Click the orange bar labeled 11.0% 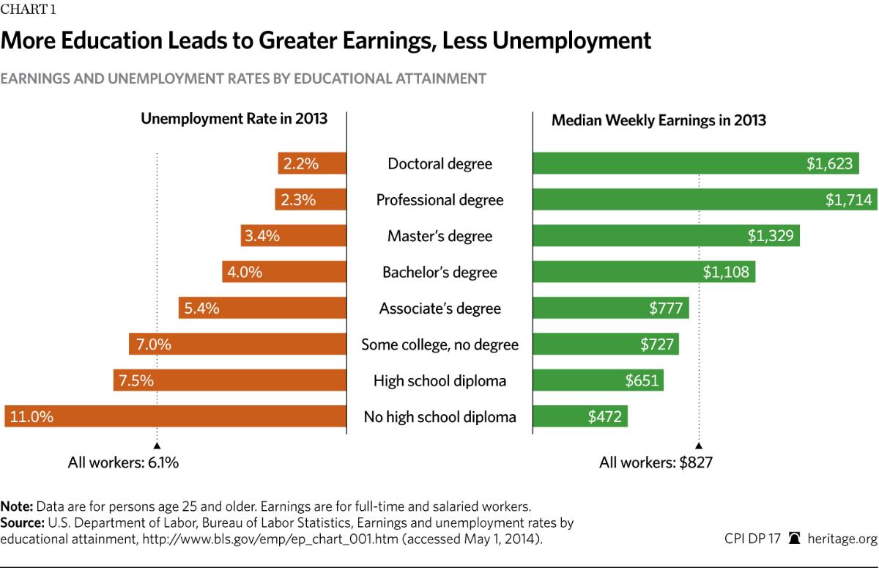tap(176, 416)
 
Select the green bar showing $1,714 tap(705, 200)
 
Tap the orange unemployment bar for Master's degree tap(293, 236)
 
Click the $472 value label tap(604, 417)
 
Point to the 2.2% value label tap(300, 163)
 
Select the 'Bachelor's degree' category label tap(439, 273)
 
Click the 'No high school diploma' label tap(439, 417)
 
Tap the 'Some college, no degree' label tap(439, 344)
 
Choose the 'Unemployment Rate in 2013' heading tap(234, 119)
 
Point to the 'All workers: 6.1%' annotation tap(123, 462)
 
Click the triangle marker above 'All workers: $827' tap(699, 445)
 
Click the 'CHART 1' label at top tap(25, 10)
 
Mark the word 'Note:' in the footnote tap(17, 506)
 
